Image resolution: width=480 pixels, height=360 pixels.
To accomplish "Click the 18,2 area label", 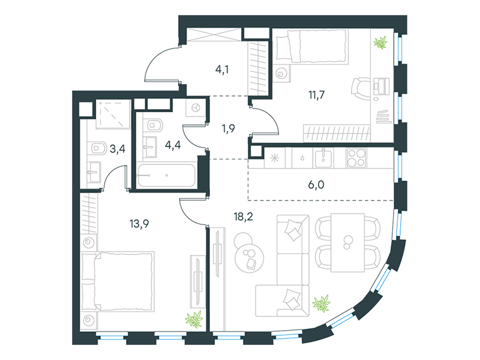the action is point(244,217).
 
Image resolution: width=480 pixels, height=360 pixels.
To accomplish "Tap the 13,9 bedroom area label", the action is point(139,224).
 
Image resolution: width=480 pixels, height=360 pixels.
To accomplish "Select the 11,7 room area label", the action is point(316,95).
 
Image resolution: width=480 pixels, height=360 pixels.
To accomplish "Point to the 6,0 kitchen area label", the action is point(316,185).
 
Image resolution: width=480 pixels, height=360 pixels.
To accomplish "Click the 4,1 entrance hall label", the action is point(222,70).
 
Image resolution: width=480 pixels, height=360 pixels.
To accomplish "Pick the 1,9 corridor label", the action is point(229,128).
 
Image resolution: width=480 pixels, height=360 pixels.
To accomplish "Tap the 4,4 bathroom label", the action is point(173,145).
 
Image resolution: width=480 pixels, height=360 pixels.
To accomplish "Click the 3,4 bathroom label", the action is point(118,149).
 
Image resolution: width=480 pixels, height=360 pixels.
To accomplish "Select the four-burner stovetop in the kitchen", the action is point(356,158).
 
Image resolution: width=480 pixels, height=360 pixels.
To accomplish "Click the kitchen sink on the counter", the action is point(323,157).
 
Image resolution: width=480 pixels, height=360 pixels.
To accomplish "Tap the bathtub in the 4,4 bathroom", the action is point(166,175).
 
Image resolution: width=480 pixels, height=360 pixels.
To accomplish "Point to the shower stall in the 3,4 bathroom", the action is point(113,114).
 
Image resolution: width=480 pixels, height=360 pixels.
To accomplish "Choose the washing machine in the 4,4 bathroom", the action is point(196,108).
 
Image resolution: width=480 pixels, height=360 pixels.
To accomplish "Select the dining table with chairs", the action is point(348,243).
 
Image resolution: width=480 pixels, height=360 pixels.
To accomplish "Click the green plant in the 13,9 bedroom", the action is point(194,319).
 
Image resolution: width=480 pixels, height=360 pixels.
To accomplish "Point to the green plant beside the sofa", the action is point(322,303).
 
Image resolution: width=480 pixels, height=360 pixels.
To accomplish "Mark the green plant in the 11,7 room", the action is point(380,43).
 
